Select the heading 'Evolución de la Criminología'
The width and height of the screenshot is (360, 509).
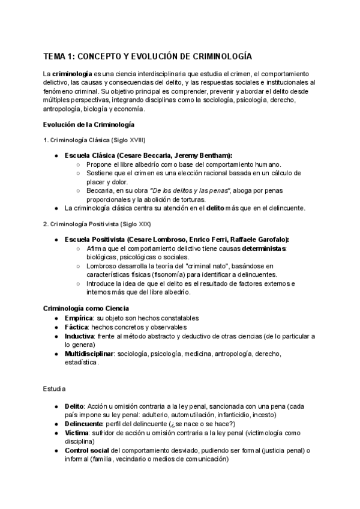(x=89, y=124)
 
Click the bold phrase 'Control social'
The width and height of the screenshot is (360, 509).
(x=87, y=451)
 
